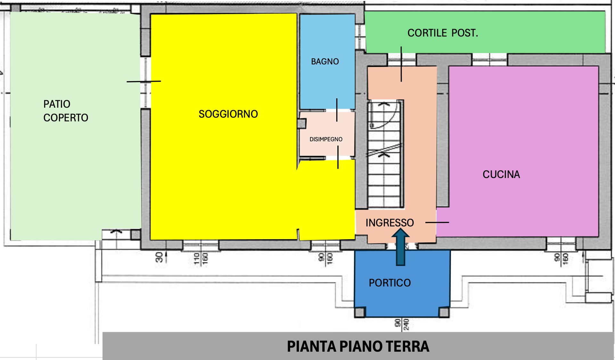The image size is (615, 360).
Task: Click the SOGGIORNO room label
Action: [x=228, y=114]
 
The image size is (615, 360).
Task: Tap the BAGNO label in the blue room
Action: [x=325, y=61]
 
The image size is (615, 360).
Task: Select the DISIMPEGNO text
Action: [x=326, y=139]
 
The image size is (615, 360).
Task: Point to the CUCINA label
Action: [x=501, y=175]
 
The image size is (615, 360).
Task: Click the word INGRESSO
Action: [x=389, y=223]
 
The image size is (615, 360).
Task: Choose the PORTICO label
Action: [x=389, y=283]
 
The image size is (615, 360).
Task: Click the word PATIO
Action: [x=57, y=104]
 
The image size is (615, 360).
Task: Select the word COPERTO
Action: [x=66, y=118]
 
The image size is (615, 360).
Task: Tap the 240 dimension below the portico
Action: [x=406, y=324]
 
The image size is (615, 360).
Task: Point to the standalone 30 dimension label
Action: [x=159, y=257]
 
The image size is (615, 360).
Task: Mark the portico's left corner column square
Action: [x=360, y=312]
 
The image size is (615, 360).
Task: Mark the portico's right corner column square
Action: [x=444, y=312]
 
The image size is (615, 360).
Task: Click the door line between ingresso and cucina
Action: [x=437, y=222]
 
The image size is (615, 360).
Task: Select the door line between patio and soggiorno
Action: [x=144, y=81]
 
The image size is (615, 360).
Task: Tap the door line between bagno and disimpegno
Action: [x=337, y=110]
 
